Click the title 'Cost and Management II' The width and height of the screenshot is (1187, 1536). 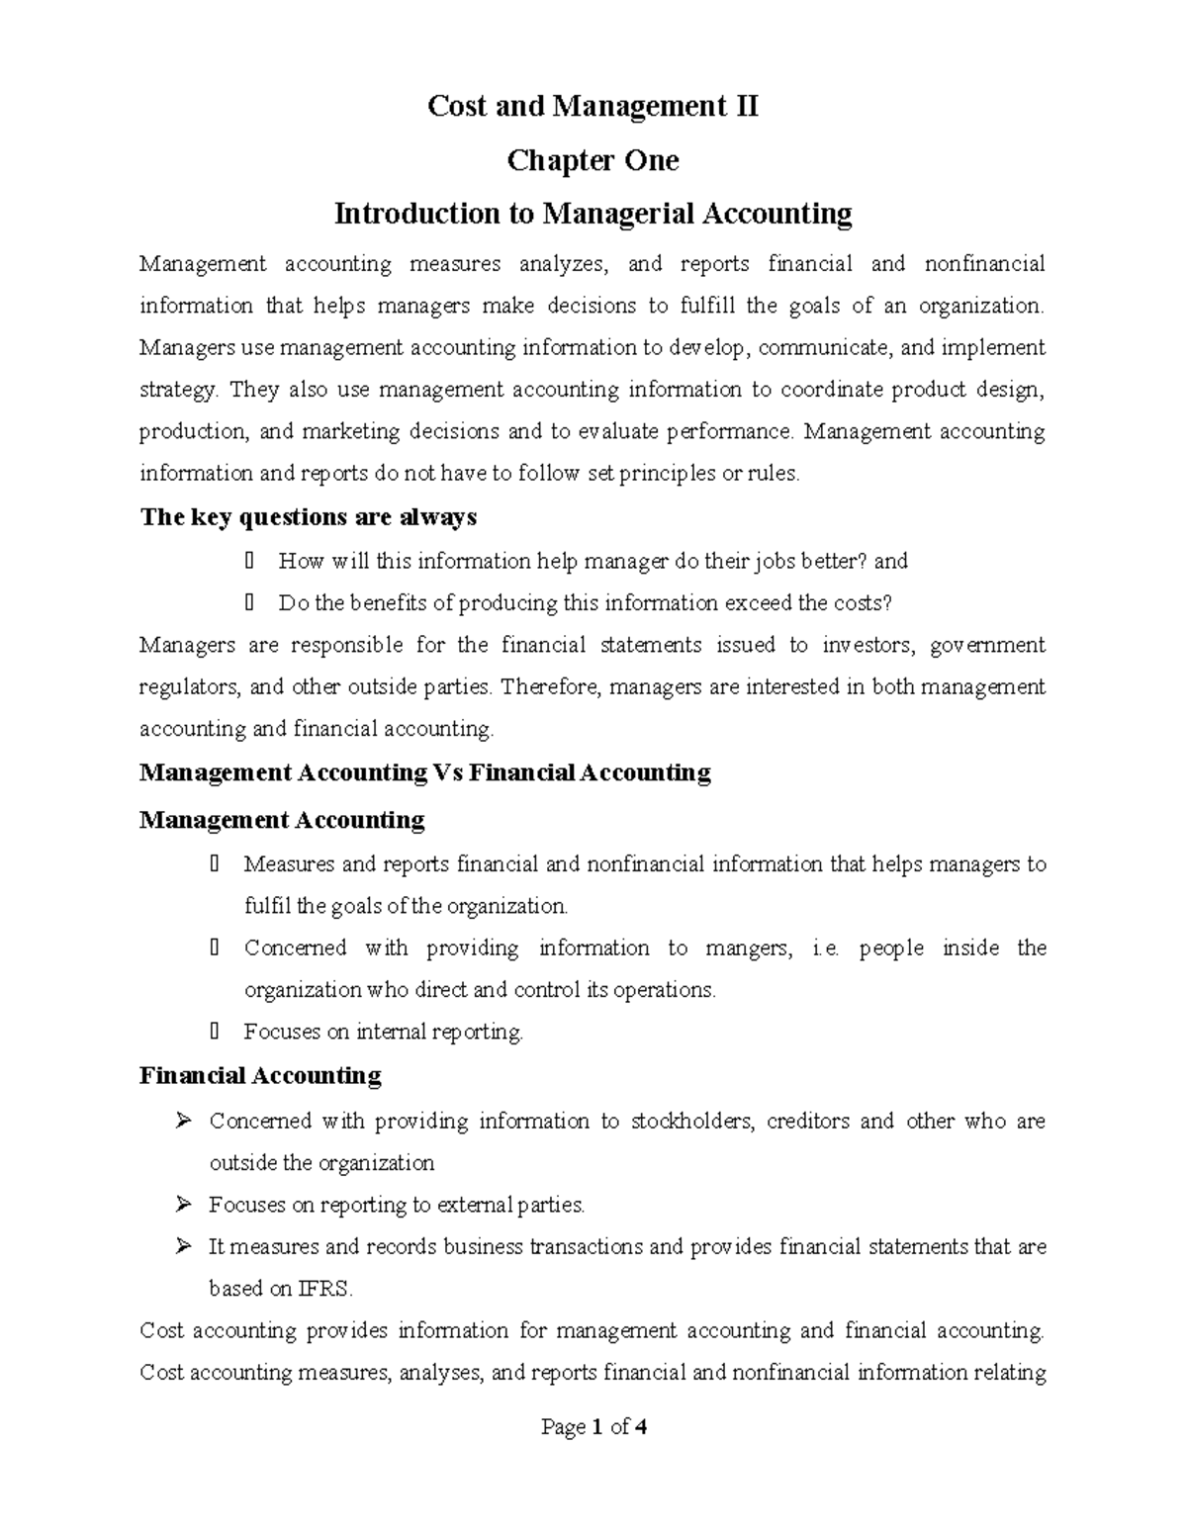[593, 106]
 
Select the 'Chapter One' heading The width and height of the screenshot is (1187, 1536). [593, 160]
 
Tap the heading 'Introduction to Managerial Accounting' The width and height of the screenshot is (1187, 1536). [593, 214]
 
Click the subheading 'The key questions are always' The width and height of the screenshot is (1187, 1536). [309, 517]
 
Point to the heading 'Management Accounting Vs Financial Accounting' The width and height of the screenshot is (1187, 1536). [425, 772]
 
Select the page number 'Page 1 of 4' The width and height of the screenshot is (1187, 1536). [593, 1427]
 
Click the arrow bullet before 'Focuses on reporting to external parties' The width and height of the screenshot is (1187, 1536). [182, 1205]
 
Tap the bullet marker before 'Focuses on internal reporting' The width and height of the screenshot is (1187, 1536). [217, 1032]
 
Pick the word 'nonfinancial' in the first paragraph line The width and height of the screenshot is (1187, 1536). [984, 264]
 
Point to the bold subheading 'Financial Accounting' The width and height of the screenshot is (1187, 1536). [260, 1075]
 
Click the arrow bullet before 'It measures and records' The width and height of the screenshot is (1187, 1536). [182, 1247]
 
